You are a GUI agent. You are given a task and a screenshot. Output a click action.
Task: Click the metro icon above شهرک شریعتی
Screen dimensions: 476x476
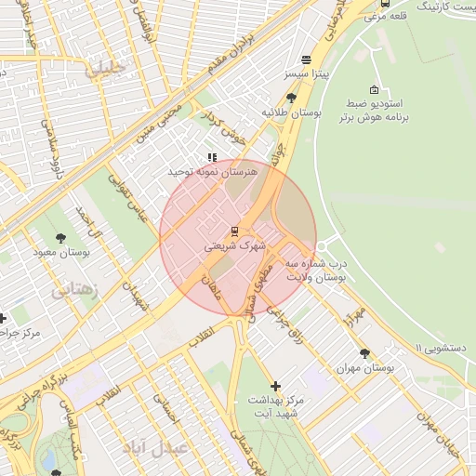tap(233, 231)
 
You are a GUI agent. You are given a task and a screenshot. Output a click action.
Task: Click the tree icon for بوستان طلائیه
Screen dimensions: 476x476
tap(291, 97)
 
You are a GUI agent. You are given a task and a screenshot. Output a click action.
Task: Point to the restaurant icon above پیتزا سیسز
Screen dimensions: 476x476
tap(306, 59)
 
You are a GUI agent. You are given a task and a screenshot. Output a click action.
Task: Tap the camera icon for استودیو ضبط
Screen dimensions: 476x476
tap(374, 90)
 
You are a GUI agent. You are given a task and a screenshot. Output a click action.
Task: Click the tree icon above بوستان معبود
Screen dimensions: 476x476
tap(61, 238)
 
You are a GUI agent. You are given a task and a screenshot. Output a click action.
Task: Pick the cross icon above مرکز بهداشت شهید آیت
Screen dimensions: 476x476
tap(275, 385)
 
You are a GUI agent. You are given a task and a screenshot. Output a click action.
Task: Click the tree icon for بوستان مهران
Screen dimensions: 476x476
tap(364, 353)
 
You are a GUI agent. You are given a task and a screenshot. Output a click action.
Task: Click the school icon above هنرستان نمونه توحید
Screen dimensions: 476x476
tap(212, 158)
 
